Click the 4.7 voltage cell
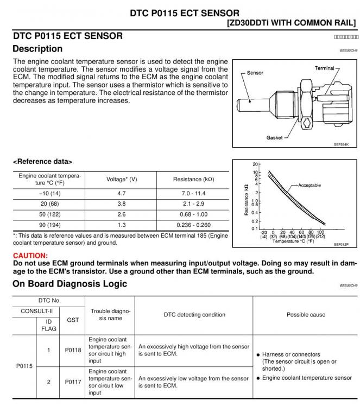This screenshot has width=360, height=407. click(122, 193)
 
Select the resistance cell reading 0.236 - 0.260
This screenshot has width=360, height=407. click(193, 225)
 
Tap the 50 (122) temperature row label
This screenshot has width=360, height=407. click(50, 214)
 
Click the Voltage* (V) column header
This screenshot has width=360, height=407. click(122, 179)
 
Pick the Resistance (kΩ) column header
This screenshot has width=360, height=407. click(193, 179)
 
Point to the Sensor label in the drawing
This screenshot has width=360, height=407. click(255, 73)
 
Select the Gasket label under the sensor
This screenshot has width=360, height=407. click(274, 138)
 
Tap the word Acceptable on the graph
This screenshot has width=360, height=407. click(309, 185)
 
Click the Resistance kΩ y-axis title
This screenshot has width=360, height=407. click(247, 200)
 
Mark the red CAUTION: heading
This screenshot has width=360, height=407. click(30, 255)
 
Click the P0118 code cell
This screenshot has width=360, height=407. click(73, 350)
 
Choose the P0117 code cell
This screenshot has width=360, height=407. click(73, 382)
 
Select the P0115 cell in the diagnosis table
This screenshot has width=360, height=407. click(24, 366)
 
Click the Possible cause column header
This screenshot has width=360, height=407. click(306, 315)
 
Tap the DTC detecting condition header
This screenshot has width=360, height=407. click(194, 315)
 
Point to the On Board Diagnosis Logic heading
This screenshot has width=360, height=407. click(70, 284)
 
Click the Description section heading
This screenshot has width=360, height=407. click(37, 49)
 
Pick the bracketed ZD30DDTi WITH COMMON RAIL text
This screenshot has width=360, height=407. click(292, 23)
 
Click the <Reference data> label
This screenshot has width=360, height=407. click(42, 162)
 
